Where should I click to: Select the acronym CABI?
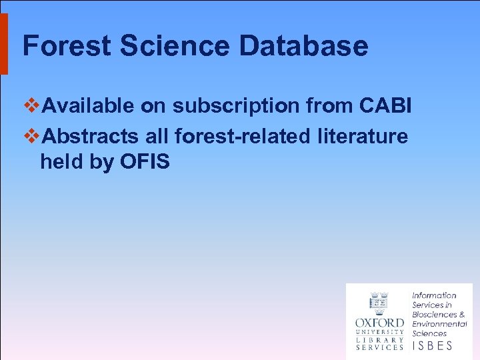[x=385, y=105]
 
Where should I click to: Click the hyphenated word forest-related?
[x=242, y=137]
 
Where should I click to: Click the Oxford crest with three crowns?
[x=379, y=303]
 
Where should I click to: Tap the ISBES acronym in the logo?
[x=432, y=345]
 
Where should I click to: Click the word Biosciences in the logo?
[x=434, y=314]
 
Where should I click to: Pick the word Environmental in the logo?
[x=439, y=324]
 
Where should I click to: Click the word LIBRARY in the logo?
[x=379, y=339]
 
